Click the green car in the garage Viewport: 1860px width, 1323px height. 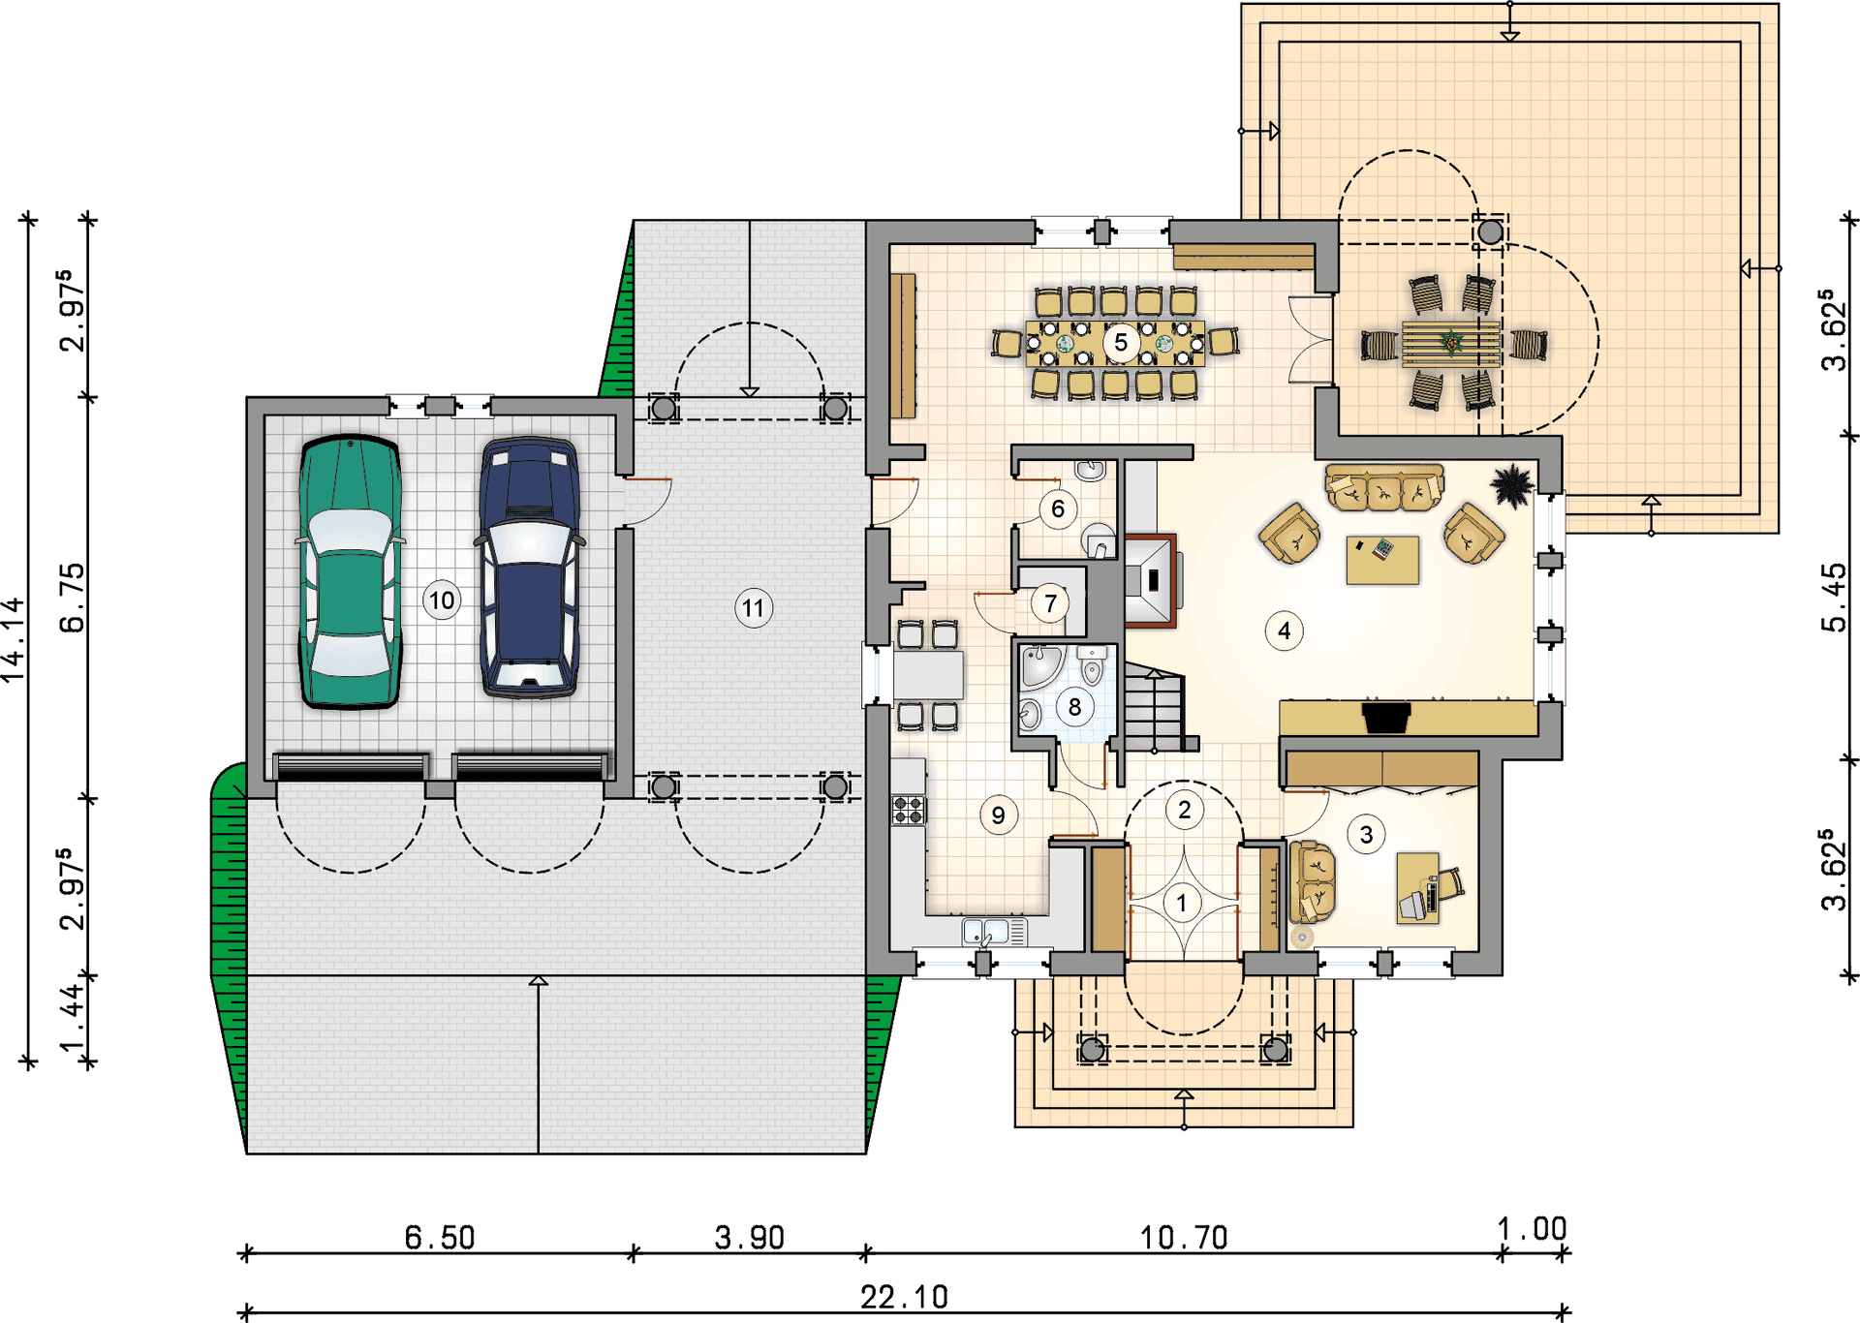[350, 571]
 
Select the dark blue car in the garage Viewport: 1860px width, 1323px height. [529, 568]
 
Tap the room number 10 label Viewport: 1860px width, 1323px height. [442, 600]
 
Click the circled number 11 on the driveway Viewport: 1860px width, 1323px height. [753, 608]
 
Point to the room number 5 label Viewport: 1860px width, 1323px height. [1121, 342]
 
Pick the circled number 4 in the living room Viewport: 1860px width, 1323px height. [1284, 631]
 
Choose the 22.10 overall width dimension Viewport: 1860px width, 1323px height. [905, 1297]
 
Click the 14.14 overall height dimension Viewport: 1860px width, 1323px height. [14, 640]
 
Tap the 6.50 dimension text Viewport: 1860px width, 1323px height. [440, 1238]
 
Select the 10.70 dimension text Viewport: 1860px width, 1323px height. [1184, 1238]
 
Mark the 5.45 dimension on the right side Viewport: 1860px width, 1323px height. [1834, 598]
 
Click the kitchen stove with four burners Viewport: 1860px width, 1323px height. [909, 810]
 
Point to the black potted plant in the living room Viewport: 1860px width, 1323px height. [1511, 485]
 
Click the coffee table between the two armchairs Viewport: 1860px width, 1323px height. [1382, 560]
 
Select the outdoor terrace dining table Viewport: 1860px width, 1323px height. [1451, 343]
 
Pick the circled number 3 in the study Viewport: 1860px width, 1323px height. [1366, 835]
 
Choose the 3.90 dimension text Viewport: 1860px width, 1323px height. [750, 1238]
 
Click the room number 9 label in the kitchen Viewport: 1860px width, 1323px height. [998, 815]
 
